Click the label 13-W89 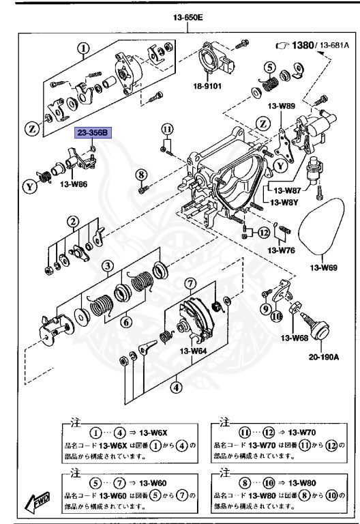282,106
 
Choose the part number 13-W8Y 284,203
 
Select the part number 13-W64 193,351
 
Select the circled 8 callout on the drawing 142,174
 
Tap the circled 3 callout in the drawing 108,266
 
